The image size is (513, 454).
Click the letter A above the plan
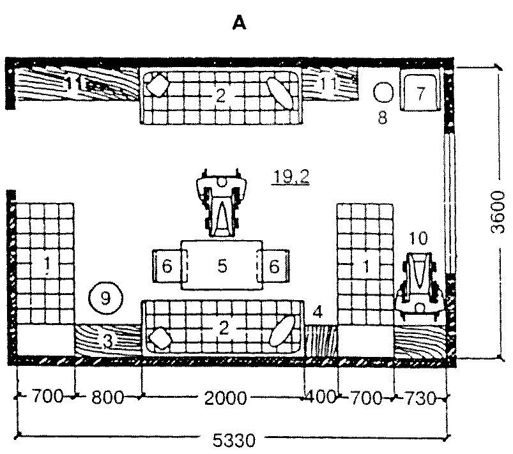click(x=240, y=24)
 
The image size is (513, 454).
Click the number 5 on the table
click(x=222, y=266)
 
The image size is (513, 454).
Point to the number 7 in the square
click(x=419, y=93)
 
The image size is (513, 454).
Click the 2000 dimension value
click(x=227, y=399)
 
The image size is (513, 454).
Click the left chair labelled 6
click(x=167, y=266)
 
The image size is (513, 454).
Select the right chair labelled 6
click(x=273, y=266)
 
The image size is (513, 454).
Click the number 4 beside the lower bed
click(x=318, y=312)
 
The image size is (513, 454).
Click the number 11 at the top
click(x=328, y=84)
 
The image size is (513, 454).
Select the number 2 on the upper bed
click(x=220, y=95)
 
